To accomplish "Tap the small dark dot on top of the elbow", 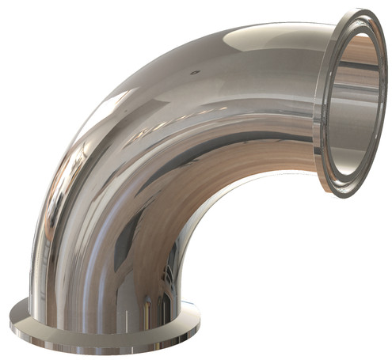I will (193, 71).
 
